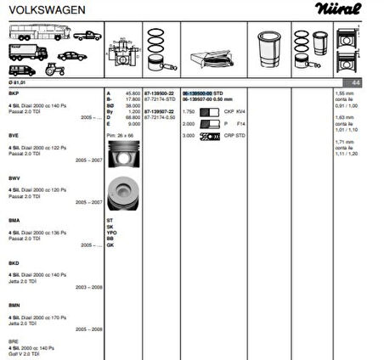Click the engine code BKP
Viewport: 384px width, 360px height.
pyautogui.click(x=14, y=92)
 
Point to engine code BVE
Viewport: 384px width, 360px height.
pyautogui.click(x=14, y=134)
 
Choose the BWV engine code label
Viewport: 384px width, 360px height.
pyautogui.click(x=14, y=177)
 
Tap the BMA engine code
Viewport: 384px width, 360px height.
pyautogui.click(x=14, y=220)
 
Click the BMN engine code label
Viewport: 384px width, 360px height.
pyautogui.click(x=14, y=304)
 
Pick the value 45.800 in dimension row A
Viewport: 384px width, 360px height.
pyautogui.click(x=133, y=92)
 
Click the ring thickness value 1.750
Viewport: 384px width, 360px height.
pyautogui.click(x=189, y=112)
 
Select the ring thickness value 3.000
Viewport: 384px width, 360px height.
pyautogui.click(x=189, y=135)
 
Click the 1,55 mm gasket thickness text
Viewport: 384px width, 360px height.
pyautogui.click(x=344, y=92)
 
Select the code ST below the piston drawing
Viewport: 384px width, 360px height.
pyautogui.click(x=110, y=220)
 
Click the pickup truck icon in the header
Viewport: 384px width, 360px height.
pyautogui.click(x=86, y=36)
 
